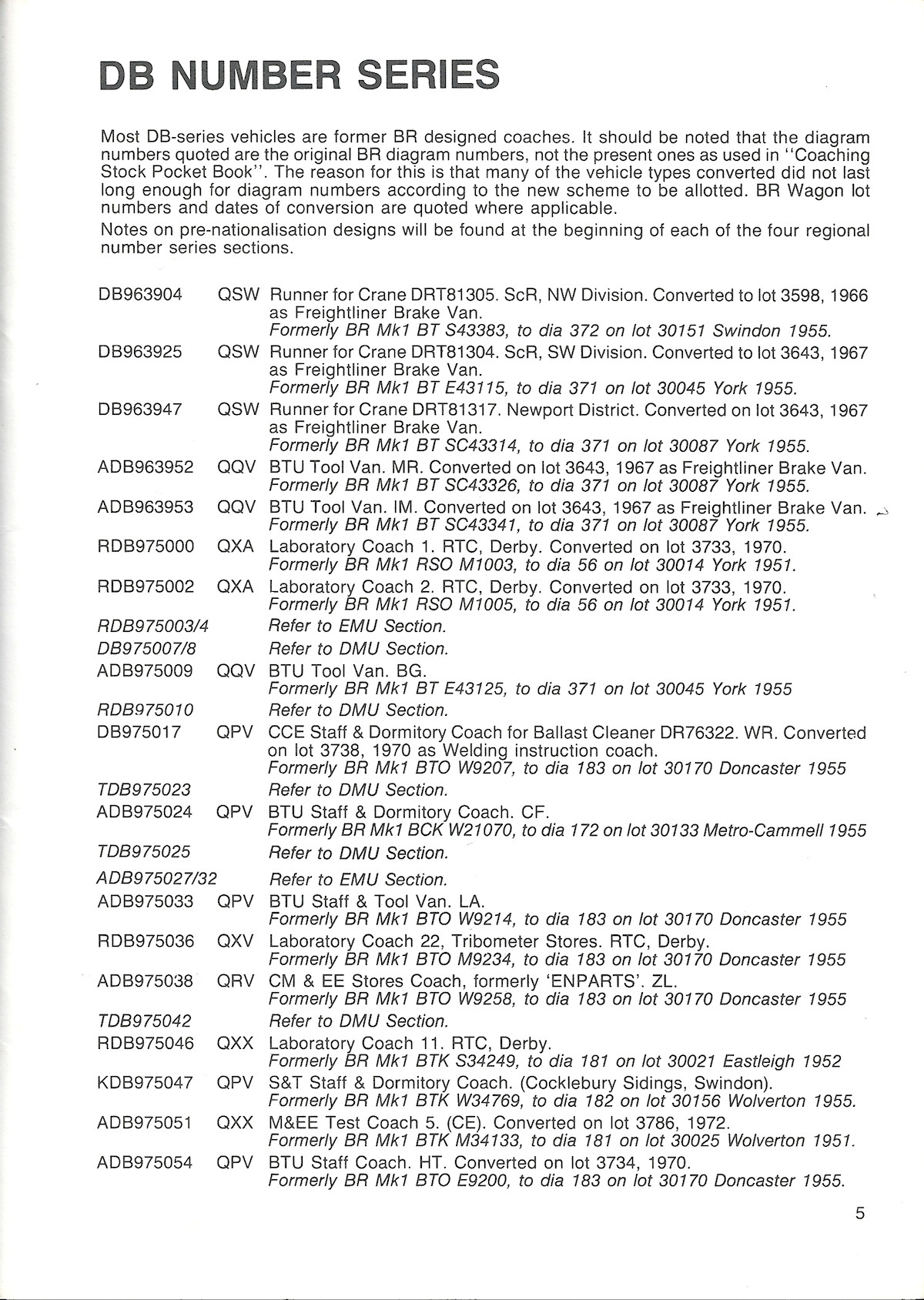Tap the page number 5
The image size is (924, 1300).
coord(859,1214)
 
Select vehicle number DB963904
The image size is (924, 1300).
coord(140,296)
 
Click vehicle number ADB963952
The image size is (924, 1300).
coord(146,467)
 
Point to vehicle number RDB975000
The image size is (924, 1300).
coord(146,546)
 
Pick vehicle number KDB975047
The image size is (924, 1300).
coord(146,1083)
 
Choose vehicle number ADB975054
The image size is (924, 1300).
coord(146,1162)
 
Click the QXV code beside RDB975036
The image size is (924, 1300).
coord(235,941)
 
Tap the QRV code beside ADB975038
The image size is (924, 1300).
coord(235,981)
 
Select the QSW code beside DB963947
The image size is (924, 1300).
coord(238,409)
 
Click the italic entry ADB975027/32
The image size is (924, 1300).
coord(157,879)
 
